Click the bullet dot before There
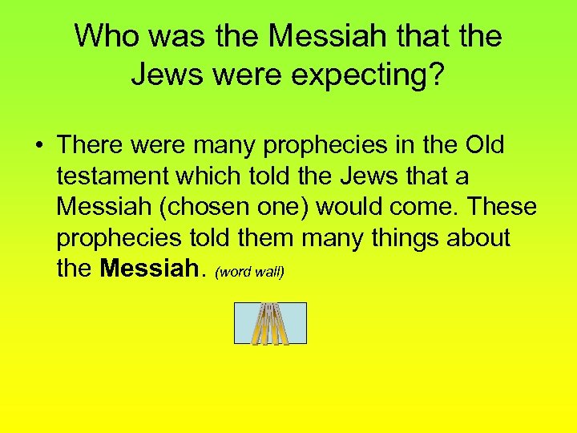pyautogui.click(x=39, y=145)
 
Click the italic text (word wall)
pyautogui.click(x=250, y=271)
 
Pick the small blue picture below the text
pyautogui.click(x=270, y=323)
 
